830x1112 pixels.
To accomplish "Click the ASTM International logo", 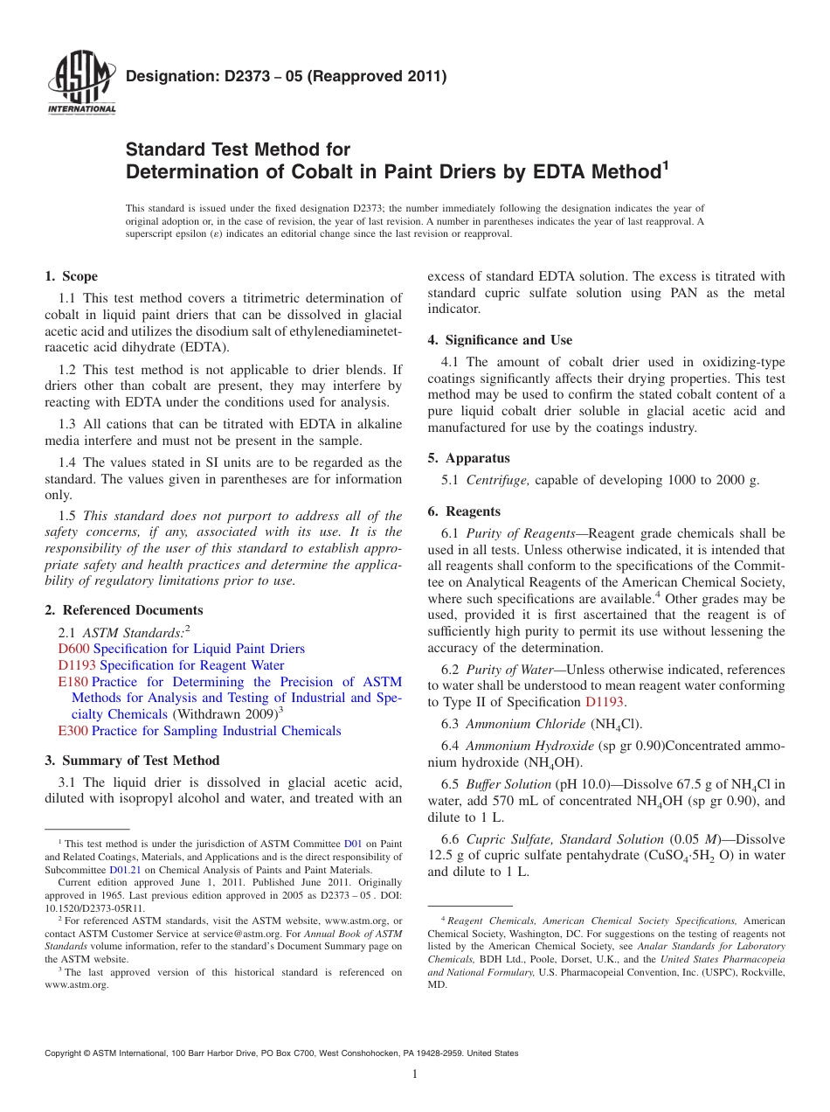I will (80, 84).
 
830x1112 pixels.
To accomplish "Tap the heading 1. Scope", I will (71, 276).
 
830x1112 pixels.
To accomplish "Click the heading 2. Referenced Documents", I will (124, 610).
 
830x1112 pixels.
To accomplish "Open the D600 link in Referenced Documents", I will (73, 649).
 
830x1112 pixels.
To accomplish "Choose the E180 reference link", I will (73, 682).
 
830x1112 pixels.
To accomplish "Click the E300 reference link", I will (73, 731).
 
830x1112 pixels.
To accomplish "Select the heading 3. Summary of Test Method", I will (132, 761).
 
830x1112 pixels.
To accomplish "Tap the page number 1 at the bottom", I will (415, 1074).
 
